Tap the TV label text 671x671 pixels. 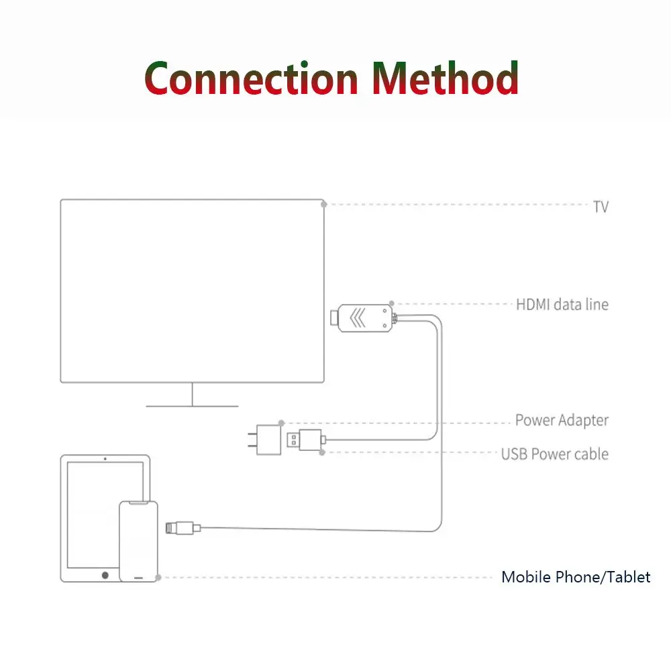[601, 207]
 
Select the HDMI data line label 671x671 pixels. [562, 305]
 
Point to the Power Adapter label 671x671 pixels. [562, 421]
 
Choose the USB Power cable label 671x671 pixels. [554, 454]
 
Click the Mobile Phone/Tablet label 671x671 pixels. [576, 577]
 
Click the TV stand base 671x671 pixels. [192, 405]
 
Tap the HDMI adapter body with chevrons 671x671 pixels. [364, 318]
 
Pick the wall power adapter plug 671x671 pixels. [267, 440]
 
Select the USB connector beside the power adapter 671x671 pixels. [305, 440]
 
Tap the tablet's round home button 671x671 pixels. [105, 575]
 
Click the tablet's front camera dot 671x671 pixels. [105, 459]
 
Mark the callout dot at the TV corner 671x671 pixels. [324, 204]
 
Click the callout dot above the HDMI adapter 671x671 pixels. [392, 304]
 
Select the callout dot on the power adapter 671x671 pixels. [281, 423]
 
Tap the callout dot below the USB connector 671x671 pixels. [323, 453]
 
